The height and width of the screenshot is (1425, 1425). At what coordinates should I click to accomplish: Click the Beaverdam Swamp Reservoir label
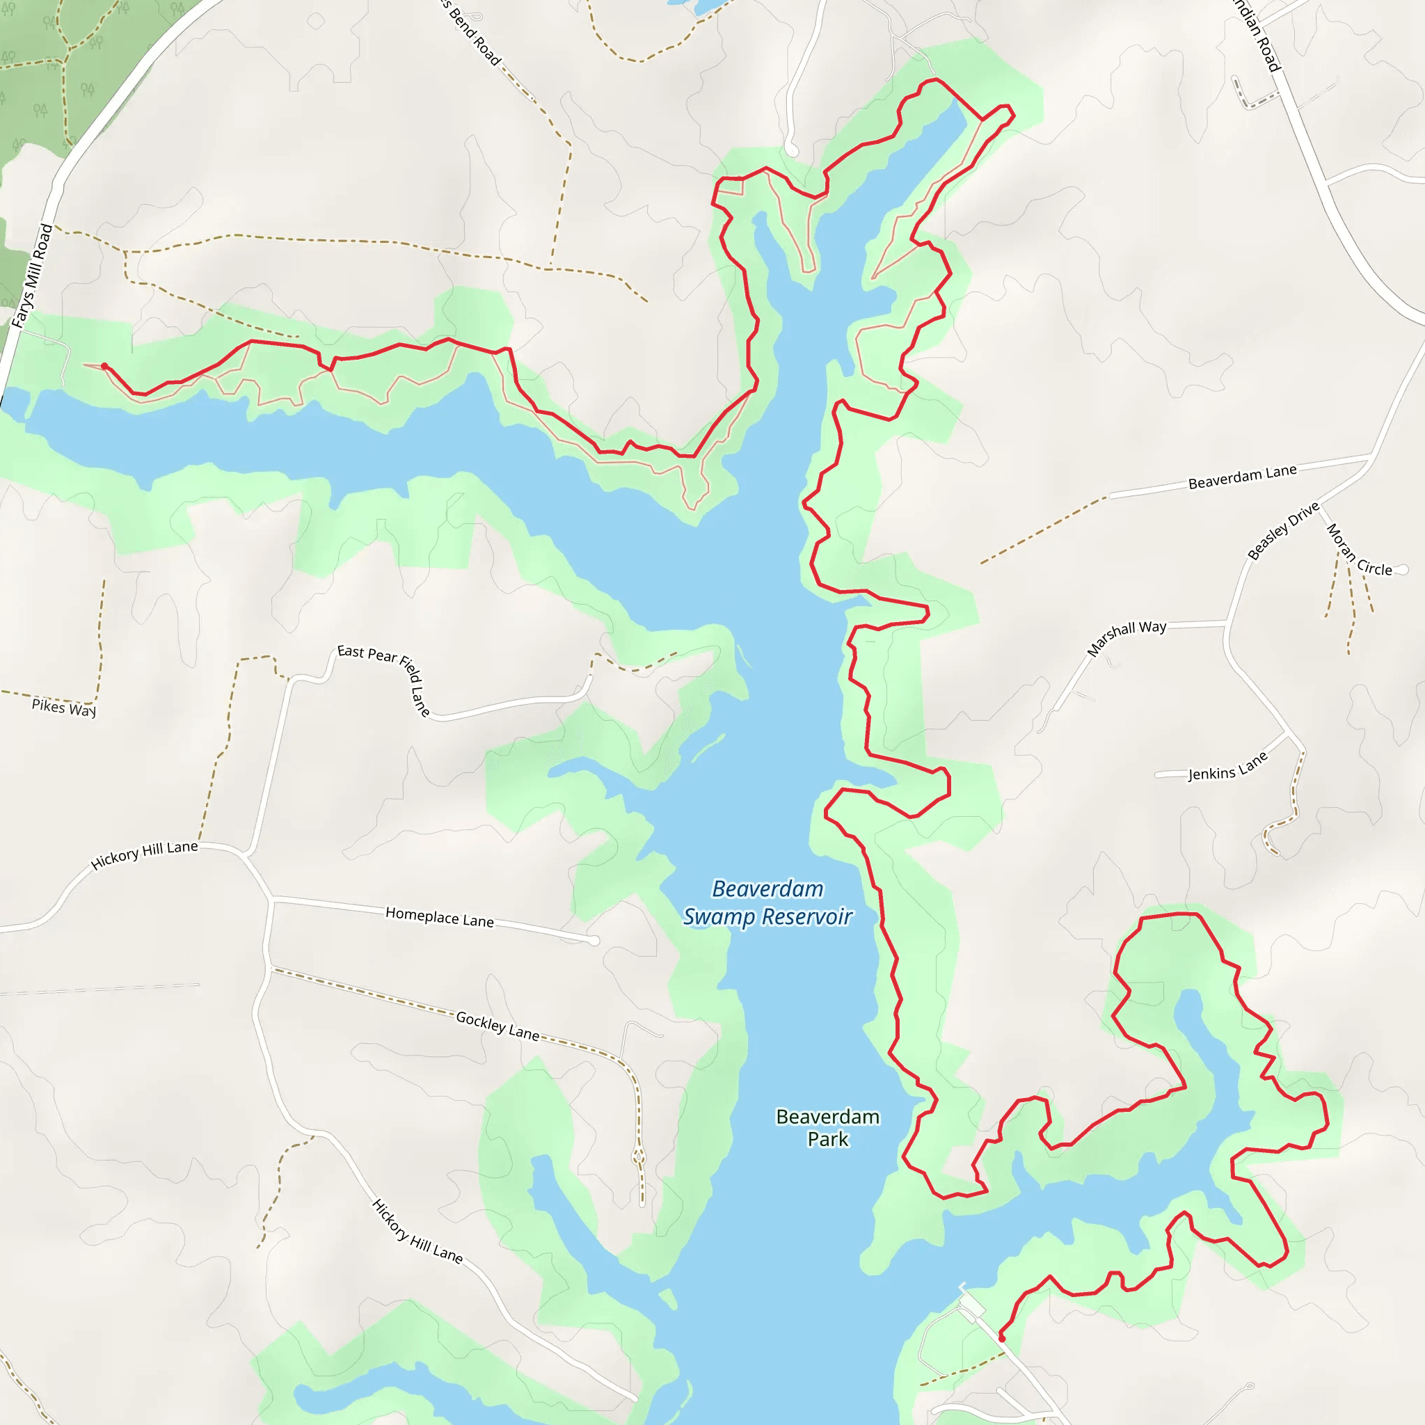coord(767,902)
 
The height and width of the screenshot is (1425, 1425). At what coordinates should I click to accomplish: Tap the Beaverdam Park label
coord(827,1128)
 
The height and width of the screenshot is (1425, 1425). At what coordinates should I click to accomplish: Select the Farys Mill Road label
coord(33,275)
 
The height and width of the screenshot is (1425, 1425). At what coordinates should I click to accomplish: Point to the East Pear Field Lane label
coord(384,678)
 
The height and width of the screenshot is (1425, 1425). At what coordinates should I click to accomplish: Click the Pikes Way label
coord(64,707)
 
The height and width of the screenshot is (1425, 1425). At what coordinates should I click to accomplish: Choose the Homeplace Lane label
coord(440,918)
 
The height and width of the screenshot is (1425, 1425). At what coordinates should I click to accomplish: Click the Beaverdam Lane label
coord(1242,477)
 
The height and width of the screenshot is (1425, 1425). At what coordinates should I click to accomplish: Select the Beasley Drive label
coord(1282,531)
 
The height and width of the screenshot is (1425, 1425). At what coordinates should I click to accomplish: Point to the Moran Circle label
coord(1359,550)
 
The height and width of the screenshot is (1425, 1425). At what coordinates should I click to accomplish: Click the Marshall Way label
coord(1127,638)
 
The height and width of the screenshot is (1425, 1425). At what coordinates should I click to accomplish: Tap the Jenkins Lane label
coord(1227,766)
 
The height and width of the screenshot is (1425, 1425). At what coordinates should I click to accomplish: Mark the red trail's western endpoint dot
coord(105,367)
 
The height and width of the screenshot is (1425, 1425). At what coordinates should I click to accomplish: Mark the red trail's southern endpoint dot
coord(1002,1338)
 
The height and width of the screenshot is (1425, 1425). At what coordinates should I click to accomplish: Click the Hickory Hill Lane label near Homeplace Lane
coord(145,855)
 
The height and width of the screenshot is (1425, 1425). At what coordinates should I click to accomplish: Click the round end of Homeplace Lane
coord(594,941)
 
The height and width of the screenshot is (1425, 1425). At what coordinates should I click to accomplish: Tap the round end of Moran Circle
coord(1402,569)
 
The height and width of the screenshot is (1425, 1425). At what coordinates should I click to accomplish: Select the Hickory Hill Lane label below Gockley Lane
coord(417,1231)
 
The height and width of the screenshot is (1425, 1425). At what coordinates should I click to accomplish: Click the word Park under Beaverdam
coord(827,1140)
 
